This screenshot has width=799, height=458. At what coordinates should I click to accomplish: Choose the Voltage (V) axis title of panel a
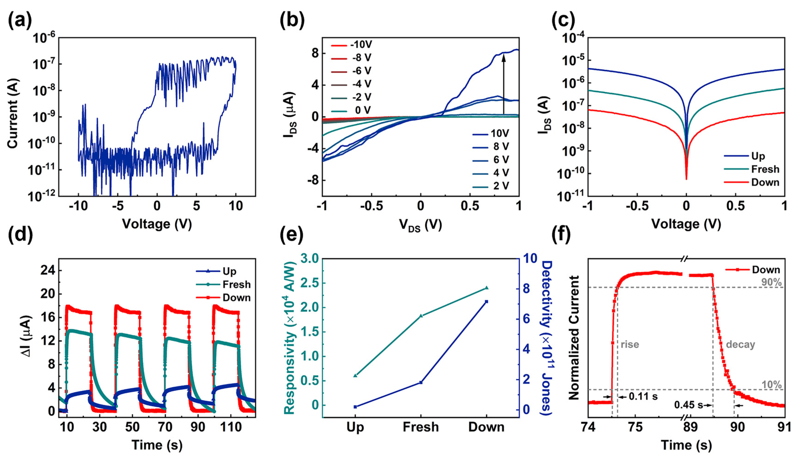(157, 224)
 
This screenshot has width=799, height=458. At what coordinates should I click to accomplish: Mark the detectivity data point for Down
(486, 302)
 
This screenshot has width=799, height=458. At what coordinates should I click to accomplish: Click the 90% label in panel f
(771, 282)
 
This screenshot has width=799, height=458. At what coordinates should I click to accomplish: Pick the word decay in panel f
(741, 345)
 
